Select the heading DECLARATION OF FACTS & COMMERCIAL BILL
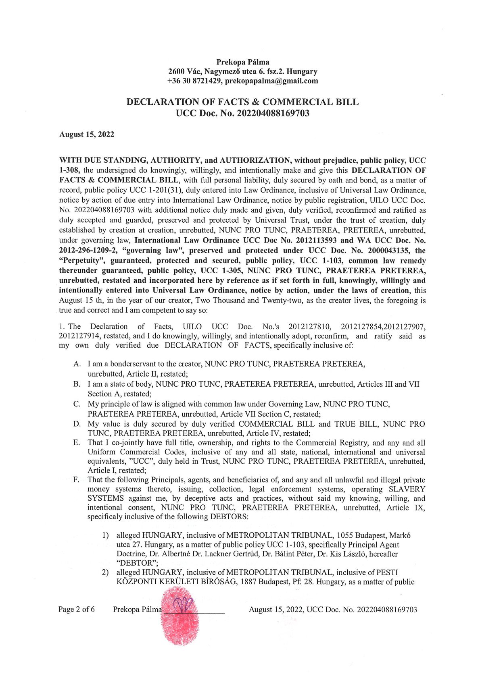[242, 102]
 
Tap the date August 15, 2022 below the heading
[87, 135]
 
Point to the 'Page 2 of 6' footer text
[77, 609]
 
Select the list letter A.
[77, 364]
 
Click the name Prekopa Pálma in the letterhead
[243, 62]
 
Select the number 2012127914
[80, 336]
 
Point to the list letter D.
[77, 424]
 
